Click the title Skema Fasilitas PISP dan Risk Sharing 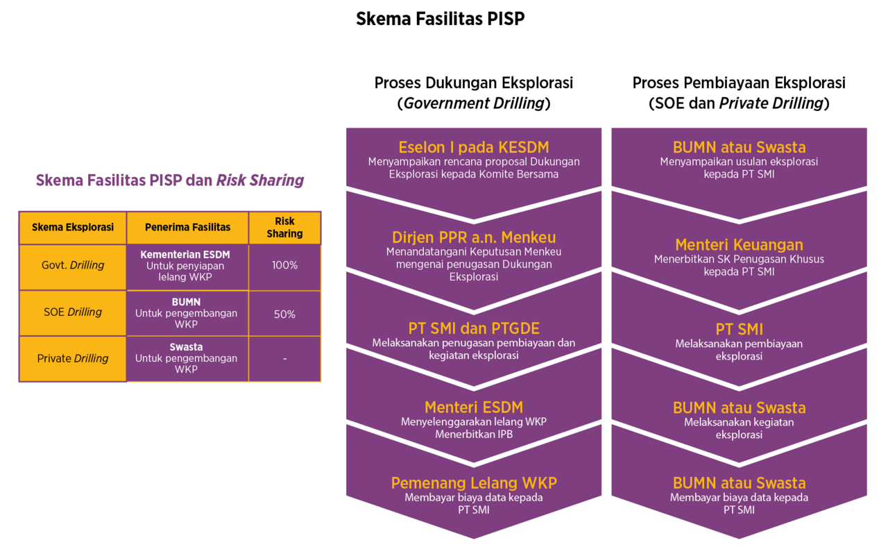coord(170,181)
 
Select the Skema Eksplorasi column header coord(73,228)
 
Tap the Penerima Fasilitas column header coord(187,228)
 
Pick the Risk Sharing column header coord(284,228)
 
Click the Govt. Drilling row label coord(73,266)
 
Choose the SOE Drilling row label coord(73,312)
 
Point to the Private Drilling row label coord(73,359)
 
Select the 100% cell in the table coord(284,266)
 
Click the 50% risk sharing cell coord(284,314)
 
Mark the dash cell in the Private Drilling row coord(284,359)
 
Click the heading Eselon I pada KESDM coord(474,147)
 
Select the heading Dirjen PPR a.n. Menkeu coord(474,237)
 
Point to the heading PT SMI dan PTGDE coord(474,329)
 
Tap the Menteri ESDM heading coord(474,408)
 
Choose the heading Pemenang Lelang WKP coord(474,483)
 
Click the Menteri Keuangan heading coord(739,245)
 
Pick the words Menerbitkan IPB coord(474,435)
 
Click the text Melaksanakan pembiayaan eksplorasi coord(739,350)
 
